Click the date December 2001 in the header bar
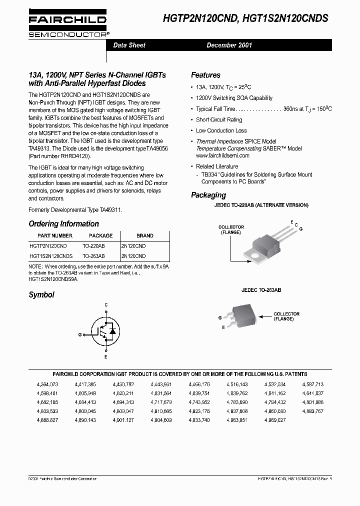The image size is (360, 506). tap(229, 45)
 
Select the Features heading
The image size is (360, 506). tap(205, 75)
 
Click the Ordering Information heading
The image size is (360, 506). tap(63, 224)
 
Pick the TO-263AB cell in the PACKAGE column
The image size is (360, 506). tap(93, 255)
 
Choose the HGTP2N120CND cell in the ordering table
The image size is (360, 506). tap(48, 246)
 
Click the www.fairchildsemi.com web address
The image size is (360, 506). tap(222, 155)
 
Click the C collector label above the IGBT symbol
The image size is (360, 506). tap(105, 304)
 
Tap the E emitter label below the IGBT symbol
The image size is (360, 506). tap(105, 357)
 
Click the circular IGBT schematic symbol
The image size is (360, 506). tap(105, 330)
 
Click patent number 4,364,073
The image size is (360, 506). tap(47, 384)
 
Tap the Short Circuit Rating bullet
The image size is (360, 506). tap(219, 120)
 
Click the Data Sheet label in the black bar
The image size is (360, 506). tap(129, 45)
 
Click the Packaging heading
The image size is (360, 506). tap(208, 195)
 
